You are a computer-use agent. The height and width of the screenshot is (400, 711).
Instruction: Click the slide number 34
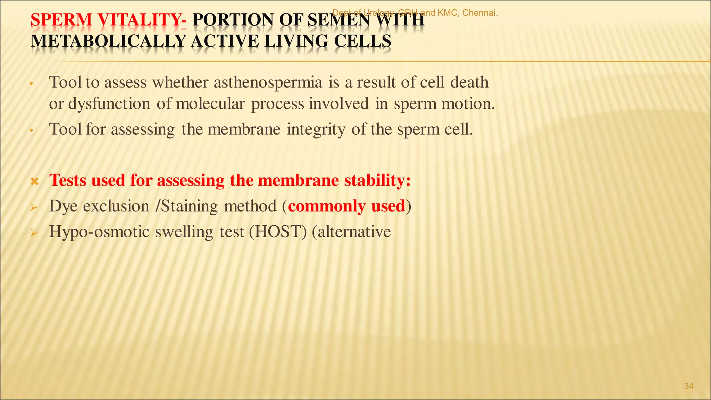(688, 386)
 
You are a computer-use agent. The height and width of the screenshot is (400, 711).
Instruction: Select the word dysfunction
(109, 104)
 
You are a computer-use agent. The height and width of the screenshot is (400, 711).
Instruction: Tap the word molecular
(210, 104)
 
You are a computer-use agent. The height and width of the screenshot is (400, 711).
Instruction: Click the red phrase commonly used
(346, 206)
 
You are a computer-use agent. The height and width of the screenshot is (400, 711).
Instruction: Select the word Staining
(189, 206)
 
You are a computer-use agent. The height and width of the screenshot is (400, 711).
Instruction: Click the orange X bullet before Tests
(34, 181)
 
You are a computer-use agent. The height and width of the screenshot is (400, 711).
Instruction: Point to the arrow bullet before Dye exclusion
(34, 207)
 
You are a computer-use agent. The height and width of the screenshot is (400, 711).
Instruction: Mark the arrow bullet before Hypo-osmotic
(34, 233)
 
